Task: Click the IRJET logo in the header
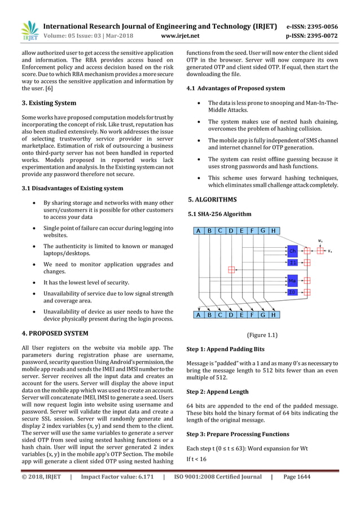(29, 31)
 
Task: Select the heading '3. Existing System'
(49, 103)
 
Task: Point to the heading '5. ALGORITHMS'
(212, 200)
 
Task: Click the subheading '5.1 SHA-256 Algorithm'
(219, 214)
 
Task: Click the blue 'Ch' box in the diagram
(292, 251)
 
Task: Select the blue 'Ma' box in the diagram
(292, 280)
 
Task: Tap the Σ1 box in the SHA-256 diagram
(292, 262)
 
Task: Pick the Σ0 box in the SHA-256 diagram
(292, 292)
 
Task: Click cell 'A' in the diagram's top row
(198, 231)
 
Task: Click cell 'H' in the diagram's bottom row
(273, 315)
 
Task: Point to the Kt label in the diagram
(330, 251)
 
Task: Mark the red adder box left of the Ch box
(231, 270)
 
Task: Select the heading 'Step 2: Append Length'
(217, 391)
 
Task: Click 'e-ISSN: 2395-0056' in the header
(320, 27)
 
